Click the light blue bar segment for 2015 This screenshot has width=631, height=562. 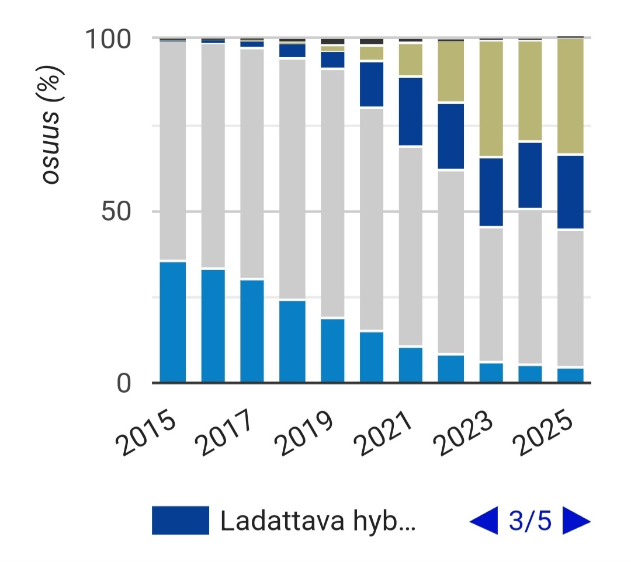[x=173, y=322]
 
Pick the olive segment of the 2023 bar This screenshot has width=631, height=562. [x=491, y=99]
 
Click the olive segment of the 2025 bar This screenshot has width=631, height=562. [x=570, y=96]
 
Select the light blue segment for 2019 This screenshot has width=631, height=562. [x=332, y=350]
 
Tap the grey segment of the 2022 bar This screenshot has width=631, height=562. [x=451, y=262]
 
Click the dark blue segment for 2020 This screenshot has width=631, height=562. [x=372, y=84]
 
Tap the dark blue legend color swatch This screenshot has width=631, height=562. [x=180, y=521]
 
